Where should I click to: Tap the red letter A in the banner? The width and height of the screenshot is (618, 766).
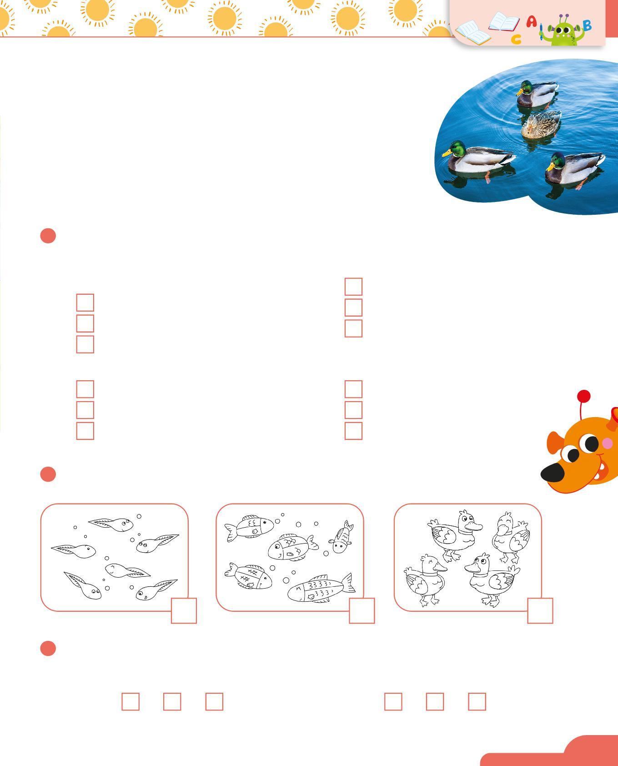pyautogui.click(x=531, y=21)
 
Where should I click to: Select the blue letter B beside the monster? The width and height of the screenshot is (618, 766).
pyautogui.click(x=587, y=25)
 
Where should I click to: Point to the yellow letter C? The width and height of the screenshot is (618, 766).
pyautogui.click(x=516, y=40)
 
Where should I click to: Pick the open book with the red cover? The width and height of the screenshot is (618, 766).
pyautogui.click(x=504, y=22)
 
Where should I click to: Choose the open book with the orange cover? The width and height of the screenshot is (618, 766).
pyautogui.click(x=473, y=32)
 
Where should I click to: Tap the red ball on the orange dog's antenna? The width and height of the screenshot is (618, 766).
pyautogui.click(x=583, y=396)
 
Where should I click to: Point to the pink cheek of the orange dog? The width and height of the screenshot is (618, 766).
pyautogui.click(x=607, y=443)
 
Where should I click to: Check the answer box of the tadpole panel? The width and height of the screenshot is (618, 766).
pyautogui.click(x=184, y=610)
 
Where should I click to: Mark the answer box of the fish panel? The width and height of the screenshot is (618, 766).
pyautogui.click(x=362, y=610)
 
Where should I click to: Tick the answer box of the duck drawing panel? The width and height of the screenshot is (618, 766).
pyautogui.click(x=540, y=610)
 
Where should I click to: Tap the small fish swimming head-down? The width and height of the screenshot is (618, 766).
pyautogui.click(x=342, y=537)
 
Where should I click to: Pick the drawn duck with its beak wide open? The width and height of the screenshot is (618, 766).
pyautogui.click(x=511, y=537)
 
